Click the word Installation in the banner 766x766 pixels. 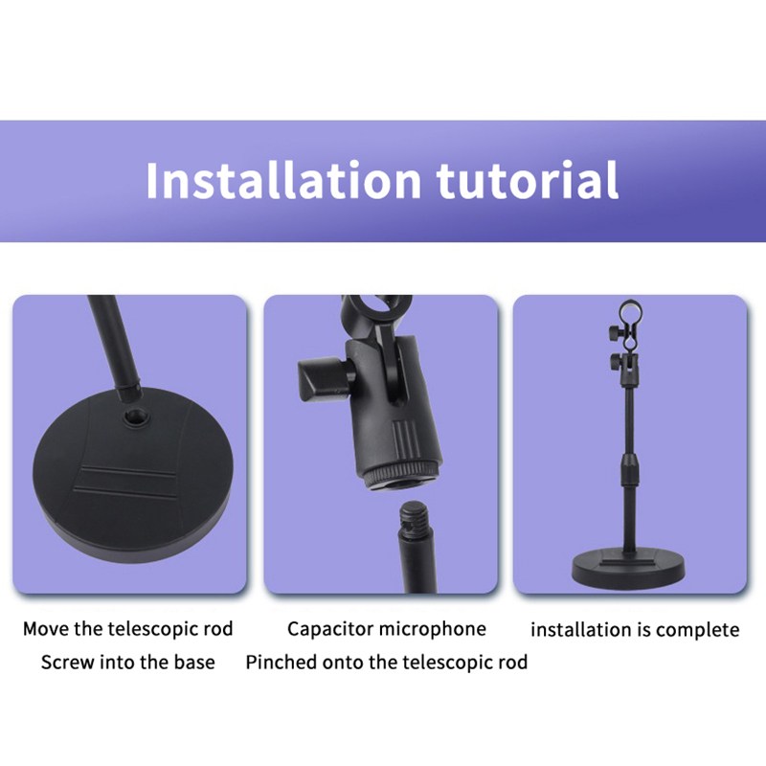(x=283, y=180)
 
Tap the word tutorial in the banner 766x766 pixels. (x=528, y=180)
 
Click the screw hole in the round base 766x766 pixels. (x=132, y=417)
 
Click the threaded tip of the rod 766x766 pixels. (x=414, y=518)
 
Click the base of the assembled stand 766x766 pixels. (x=628, y=568)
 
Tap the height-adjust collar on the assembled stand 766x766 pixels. (x=630, y=468)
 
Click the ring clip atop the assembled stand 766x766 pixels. (x=630, y=312)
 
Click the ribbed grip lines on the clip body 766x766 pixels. (x=405, y=436)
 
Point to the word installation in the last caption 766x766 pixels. (x=578, y=630)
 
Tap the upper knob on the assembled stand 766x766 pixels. (x=617, y=332)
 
